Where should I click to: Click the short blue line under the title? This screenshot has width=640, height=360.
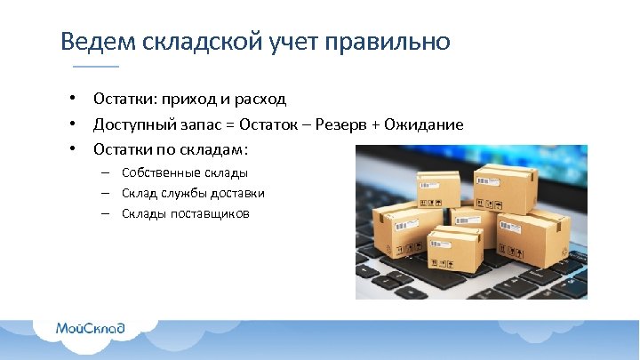pyautogui.click(x=95, y=68)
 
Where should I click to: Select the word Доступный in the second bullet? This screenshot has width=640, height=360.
pyautogui.click(x=134, y=124)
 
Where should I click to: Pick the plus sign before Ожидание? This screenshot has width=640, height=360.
pyautogui.click(x=377, y=124)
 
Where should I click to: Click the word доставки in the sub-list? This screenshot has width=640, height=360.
pyautogui.click(x=239, y=193)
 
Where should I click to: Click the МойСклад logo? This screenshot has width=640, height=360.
pyautogui.click(x=90, y=328)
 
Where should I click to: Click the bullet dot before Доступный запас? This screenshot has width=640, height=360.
pyautogui.click(x=77, y=124)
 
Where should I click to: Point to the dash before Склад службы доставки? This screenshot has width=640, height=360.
pyautogui.click(x=105, y=193)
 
